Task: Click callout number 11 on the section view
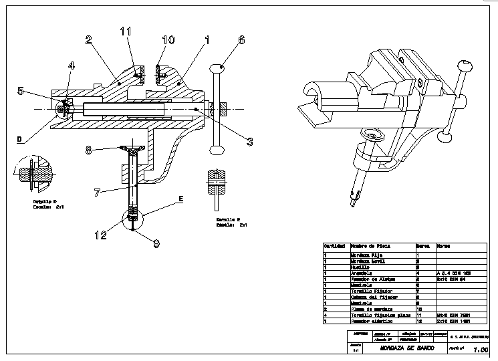(126, 31)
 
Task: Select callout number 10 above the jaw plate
(168, 40)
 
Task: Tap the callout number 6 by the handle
(241, 40)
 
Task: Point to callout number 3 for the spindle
(250, 141)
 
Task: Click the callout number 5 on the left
(21, 91)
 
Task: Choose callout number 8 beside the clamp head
(88, 150)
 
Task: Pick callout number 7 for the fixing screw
(98, 193)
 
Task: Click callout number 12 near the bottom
(100, 235)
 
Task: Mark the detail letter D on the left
(19, 139)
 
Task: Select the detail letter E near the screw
(180, 199)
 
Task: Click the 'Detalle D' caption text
(45, 201)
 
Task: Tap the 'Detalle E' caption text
(228, 219)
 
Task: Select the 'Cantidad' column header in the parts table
(334, 246)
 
